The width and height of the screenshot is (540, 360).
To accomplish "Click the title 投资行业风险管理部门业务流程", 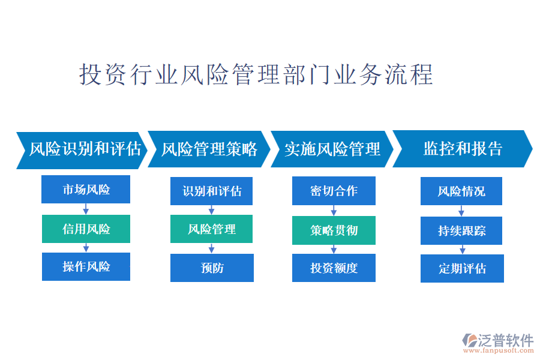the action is click(x=256, y=74).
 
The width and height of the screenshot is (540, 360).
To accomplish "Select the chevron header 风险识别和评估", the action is click(x=82, y=150).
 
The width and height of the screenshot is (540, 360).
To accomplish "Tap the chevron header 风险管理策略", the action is click(x=209, y=149).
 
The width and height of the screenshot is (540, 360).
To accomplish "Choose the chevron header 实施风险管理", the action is click(x=332, y=149).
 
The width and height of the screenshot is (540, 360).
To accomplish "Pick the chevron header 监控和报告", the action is click(x=463, y=149).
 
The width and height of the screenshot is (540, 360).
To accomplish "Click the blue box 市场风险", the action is click(x=86, y=189).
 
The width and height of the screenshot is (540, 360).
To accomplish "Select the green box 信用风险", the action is click(x=86, y=229).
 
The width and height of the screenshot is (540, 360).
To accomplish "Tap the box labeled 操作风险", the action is click(x=86, y=266).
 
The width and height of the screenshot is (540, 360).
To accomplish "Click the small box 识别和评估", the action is click(x=211, y=191).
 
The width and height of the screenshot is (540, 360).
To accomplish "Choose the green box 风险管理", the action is click(x=211, y=229).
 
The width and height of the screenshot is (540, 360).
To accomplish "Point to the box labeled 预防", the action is click(x=212, y=268).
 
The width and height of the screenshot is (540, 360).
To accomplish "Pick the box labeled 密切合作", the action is click(x=334, y=191).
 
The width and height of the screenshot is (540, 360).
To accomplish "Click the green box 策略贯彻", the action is click(x=334, y=230).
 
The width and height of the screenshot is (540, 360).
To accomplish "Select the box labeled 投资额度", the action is click(x=334, y=268).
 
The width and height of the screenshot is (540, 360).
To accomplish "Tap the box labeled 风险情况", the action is click(x=461, y=191).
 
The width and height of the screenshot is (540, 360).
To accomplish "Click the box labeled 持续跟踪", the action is click(x=461, y=230).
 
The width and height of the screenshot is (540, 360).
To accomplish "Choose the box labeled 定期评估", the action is click(x=462, y=268).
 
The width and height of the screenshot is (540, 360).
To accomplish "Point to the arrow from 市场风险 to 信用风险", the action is click(x=86, y=209).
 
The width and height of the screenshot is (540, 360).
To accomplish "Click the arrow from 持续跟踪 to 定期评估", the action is click(x=463, y=250).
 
